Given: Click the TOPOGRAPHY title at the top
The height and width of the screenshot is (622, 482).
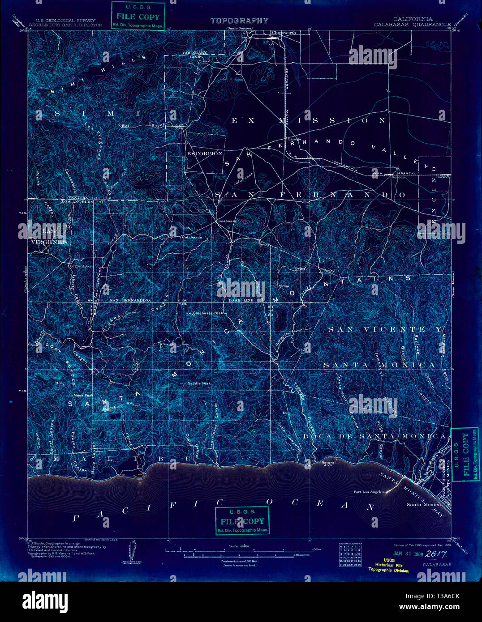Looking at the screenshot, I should pos(239,21).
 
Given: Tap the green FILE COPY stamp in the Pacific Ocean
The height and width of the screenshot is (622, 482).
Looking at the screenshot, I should pos(242,521).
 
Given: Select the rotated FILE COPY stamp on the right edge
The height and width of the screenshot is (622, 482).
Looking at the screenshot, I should pos(465,454).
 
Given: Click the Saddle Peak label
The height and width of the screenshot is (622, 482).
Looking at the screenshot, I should pos(199,383).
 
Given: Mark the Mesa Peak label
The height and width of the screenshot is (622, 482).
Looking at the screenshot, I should pos(84,396).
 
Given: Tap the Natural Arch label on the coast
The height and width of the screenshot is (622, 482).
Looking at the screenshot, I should pos(329,464).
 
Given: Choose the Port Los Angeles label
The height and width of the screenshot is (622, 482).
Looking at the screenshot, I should pos(369,492).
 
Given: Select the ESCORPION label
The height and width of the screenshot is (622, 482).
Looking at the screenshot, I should pos(204,153).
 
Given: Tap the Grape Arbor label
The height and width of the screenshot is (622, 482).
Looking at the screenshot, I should pos(81,266).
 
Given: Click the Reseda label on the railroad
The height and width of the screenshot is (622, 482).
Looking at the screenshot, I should pos(398,177).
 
